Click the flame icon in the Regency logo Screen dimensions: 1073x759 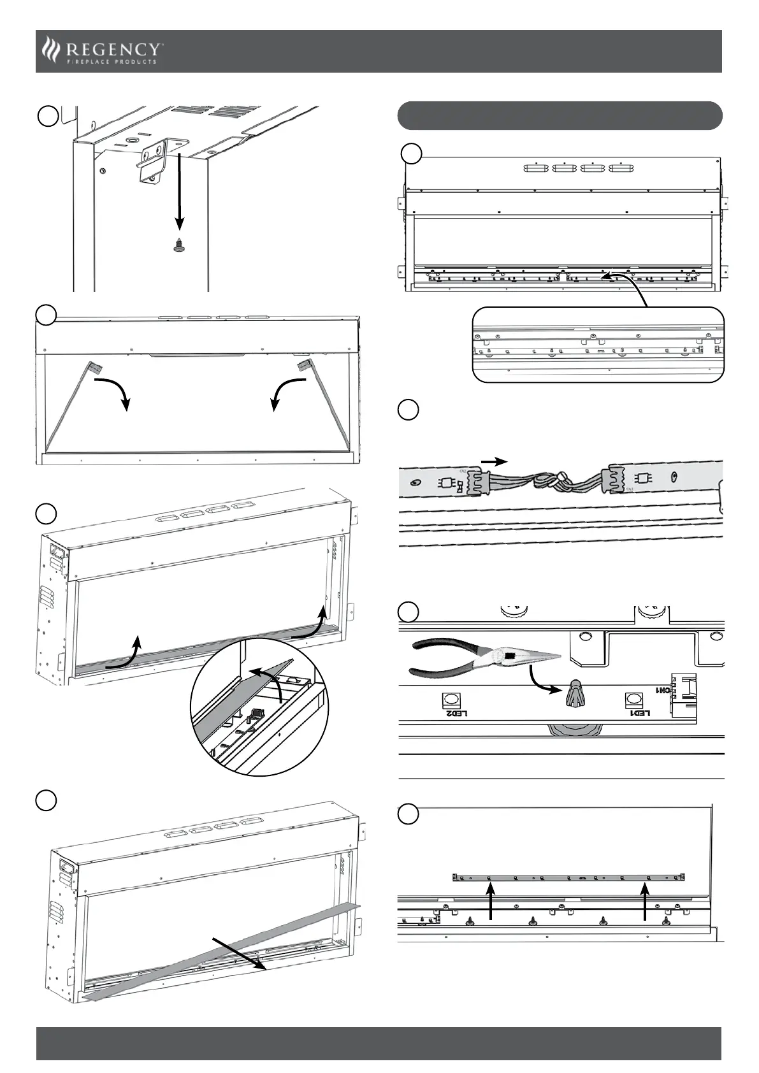50,50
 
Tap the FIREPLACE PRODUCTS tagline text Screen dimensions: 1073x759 112,62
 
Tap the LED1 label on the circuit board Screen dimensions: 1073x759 638,713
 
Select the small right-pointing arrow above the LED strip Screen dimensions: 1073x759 495,461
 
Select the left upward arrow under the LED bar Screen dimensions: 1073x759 490,904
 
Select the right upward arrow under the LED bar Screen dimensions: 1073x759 645,904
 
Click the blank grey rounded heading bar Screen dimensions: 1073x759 560,115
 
